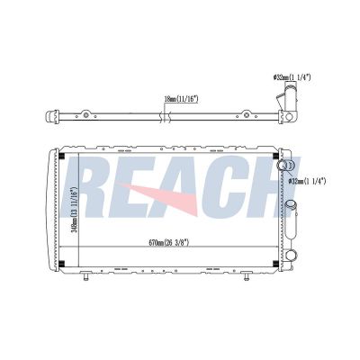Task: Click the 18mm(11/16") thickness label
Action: tap(182, 99)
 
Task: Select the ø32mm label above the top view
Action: tap(292, 77)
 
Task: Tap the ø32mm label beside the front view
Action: tap(307, 181)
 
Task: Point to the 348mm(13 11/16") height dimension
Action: tap(75, 210)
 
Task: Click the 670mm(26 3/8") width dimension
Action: tap(169, 242)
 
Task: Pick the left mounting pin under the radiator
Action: tap(85, 276)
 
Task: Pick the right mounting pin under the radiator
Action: tap(247, 276)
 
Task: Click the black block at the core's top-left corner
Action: tap(62, 157)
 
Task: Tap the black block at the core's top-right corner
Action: tap(275, 157)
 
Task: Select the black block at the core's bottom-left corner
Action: tap(62, 264)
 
